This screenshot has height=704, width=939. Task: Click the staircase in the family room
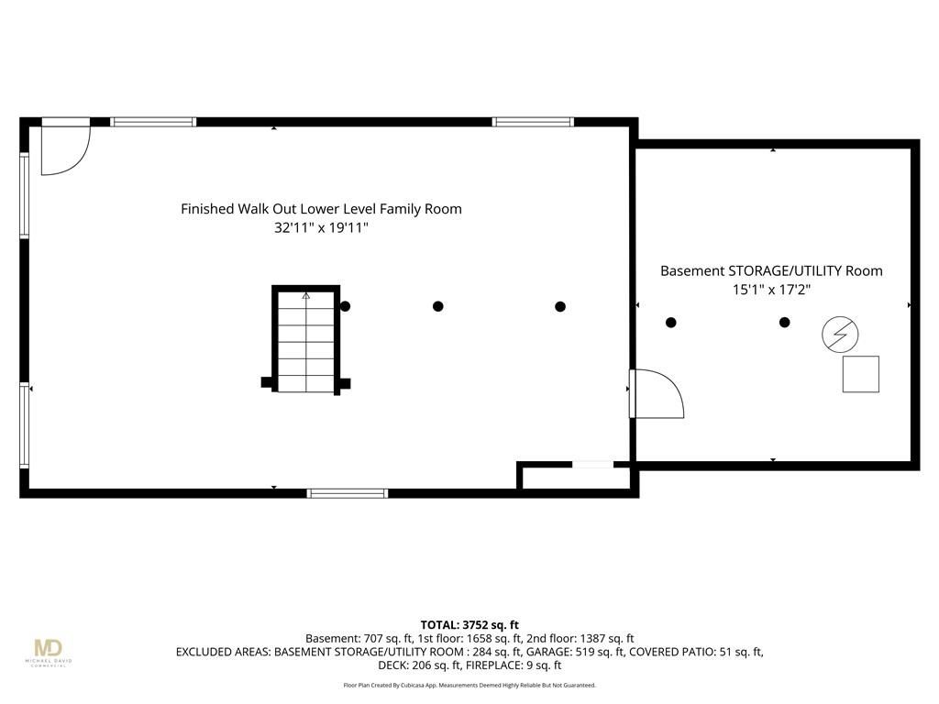click(306, 340)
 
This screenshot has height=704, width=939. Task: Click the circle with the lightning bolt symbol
click(840, 334)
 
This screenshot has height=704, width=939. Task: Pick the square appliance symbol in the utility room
click(860, 374)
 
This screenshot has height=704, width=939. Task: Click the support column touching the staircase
click(345, 306)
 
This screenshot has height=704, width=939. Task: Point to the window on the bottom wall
click(348, 493)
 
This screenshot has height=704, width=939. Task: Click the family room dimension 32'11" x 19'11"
click(321, 227)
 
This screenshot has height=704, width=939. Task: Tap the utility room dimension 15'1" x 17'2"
click(771, 290)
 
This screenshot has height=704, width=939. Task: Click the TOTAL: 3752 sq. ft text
click(469, 625)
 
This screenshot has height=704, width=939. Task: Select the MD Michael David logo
click(49, 652)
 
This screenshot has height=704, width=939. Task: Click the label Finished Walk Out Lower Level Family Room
click(321, 209)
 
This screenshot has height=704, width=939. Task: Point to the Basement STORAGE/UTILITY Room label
click(771, 270)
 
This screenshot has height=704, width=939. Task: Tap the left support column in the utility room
click(670, 322)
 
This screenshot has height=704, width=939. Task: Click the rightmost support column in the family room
click(560, 306)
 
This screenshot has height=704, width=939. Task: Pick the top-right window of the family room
click(533, 122)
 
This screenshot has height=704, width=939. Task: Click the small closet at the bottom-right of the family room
click(575, 477)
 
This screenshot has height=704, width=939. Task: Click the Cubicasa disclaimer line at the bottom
click(469, 685)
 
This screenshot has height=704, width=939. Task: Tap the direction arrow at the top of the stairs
click(306, 295)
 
